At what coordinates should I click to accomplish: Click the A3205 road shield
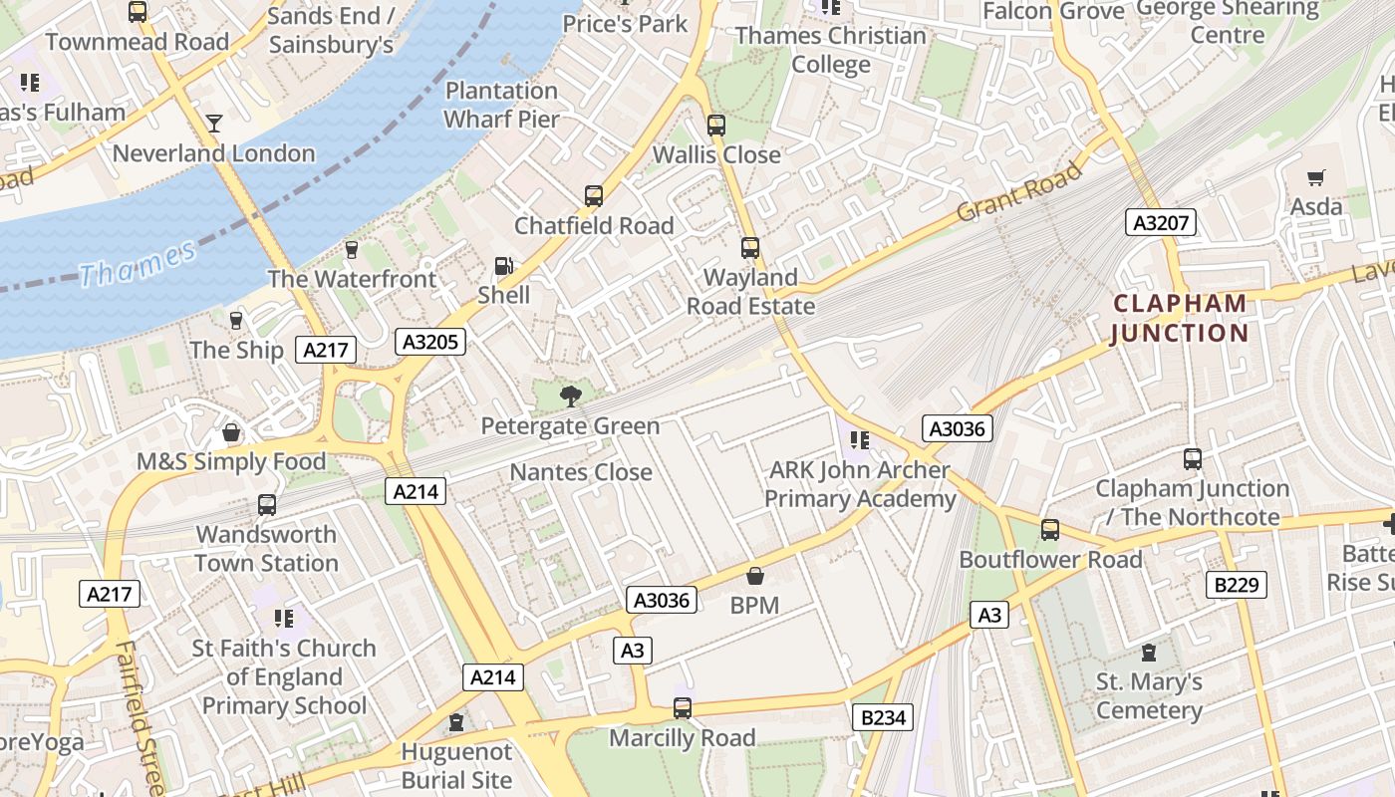(x=430, y=343)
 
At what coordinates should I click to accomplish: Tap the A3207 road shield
(x=1161, y=222)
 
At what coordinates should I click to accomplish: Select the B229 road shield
(x=1237, y=585)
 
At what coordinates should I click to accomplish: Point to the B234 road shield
(x=883, y=716)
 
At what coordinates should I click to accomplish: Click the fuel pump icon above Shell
(x=504, y=266)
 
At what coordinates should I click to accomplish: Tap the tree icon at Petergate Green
(x=571, y=397)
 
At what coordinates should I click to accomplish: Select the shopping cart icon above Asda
(x=1316, y=178)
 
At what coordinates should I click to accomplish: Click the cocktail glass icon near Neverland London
(x=213, y=124)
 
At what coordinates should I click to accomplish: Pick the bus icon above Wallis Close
(x=716, y=126)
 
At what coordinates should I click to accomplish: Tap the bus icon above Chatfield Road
(x=594, y=196)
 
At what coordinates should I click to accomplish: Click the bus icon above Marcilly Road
(x=683, y=708)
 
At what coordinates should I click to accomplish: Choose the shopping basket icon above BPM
(x=754, y=576)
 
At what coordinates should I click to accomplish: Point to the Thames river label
(x=138, y=261)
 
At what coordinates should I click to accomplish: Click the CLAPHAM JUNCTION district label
(x=1180, y=318)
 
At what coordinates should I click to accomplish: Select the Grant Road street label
(x=1018, y=192)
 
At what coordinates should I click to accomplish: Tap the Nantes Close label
(x=581, y=471)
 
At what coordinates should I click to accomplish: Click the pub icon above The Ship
(x=236, y=320)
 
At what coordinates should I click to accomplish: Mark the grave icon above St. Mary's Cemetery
(x=1149, y=654)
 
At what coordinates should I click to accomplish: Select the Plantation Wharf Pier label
(x=501, y=105)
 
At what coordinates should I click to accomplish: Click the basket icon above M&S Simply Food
(x=231, y=433)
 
